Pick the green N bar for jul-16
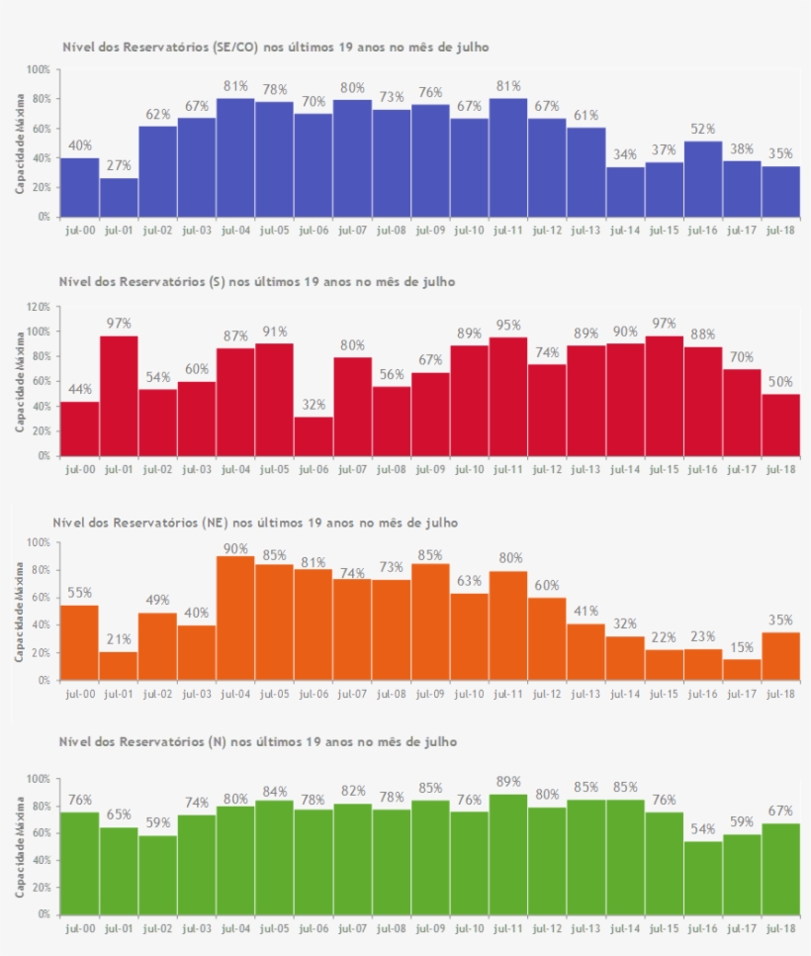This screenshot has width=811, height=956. (703, 878)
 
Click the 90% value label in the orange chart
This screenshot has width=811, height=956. (235, 549)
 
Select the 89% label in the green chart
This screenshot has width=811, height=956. (508, 782)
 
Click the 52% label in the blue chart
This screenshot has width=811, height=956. (703, 130)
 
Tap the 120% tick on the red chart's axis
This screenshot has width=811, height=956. (38, 307)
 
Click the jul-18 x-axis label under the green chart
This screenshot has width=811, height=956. (781, 930)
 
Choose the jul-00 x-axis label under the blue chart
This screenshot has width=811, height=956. (79, 231)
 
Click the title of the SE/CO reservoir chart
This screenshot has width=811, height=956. (275, 47)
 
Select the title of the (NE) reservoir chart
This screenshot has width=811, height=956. (255, 522)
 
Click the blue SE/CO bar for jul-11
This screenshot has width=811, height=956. (508, 157)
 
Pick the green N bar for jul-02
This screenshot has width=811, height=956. (157, 875)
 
